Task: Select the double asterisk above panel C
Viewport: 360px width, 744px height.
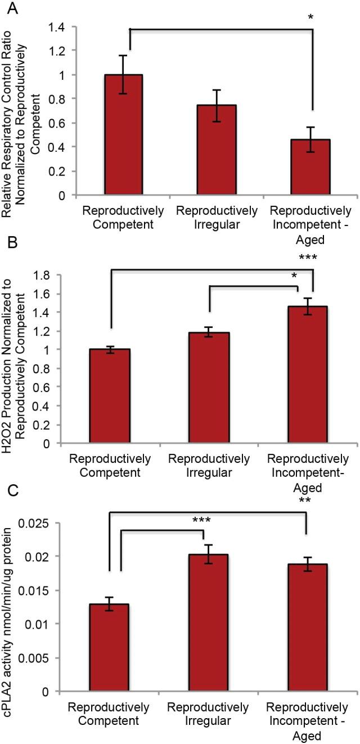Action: coord(307,500)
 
